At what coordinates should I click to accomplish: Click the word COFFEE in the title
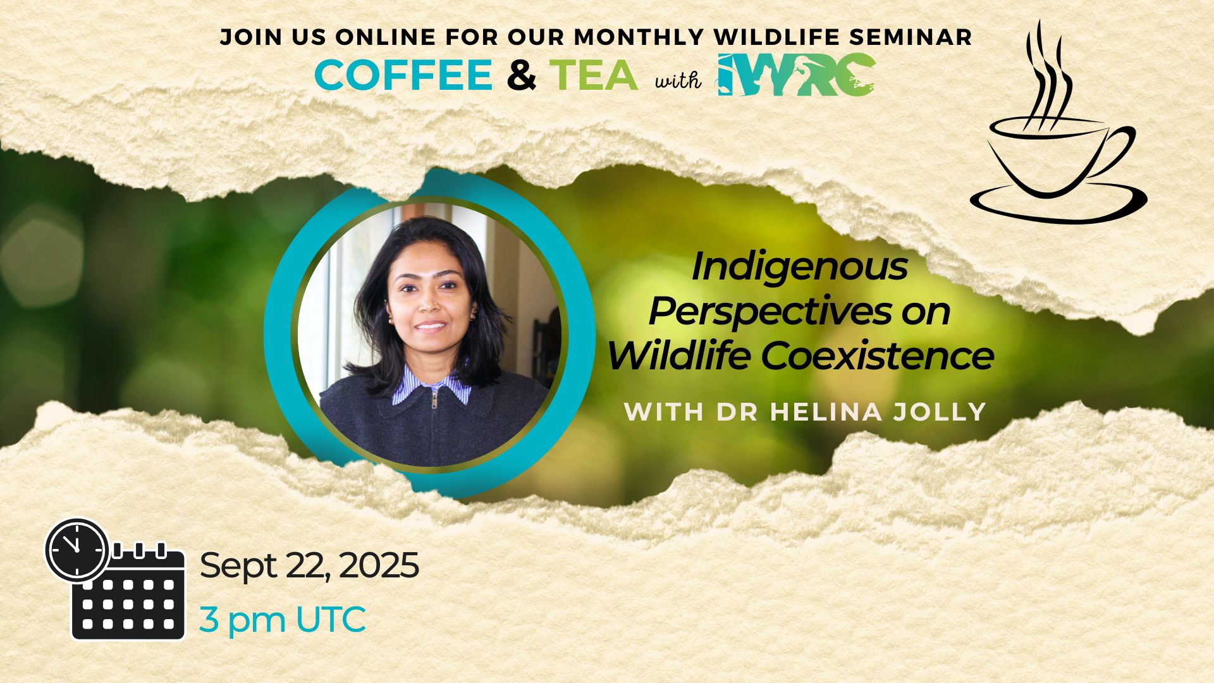click(x=403, y=75)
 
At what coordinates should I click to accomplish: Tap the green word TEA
click(x=593, y=75)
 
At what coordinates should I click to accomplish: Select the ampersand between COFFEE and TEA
click(x=522, y=75)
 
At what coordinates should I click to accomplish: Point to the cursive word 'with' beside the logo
click(x=678, y=80)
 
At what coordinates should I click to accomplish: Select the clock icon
click(x=77, y=549)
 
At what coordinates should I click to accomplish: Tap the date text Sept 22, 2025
click(x=309, y=565)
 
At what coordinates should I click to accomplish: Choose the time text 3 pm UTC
click(x=283, y=619)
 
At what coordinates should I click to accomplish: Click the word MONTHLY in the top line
click(x=639, y=37)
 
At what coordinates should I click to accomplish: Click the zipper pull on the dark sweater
click(x=434, y=398)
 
